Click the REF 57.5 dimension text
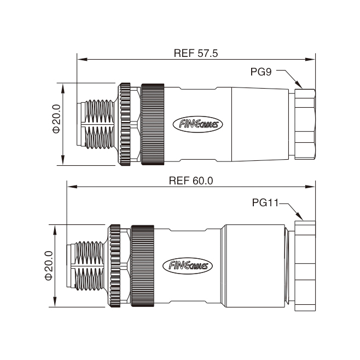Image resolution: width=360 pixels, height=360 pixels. tap(196, 53)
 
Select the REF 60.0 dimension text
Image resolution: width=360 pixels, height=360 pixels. tap(191, 181)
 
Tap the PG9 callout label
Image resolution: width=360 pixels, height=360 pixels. tap(261, 72)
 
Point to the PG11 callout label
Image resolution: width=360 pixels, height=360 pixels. tap(265, 202)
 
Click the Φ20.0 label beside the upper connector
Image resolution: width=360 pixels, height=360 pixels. tap(56, 119)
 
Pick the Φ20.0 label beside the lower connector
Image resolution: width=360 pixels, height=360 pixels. tap(49, 266)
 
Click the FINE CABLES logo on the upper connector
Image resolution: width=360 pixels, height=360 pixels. tap(198, 124)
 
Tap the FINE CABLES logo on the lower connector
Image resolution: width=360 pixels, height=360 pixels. tap(188, 266)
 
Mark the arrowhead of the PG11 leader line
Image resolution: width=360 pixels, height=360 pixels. tap(300, 216)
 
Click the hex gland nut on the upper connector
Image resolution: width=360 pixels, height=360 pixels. tap(305, 124)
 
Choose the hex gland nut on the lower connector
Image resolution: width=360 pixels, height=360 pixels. tap(305, 266)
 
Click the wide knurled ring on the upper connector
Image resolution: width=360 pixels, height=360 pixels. tap(153, 124)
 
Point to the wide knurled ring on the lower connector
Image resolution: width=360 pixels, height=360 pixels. tap(143, 266)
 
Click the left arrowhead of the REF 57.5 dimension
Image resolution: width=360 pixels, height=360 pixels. tap(82, 60)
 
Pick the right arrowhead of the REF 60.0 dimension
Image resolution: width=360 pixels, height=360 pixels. tap(310, 187)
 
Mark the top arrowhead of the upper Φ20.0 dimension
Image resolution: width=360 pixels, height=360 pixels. tap(63, 88)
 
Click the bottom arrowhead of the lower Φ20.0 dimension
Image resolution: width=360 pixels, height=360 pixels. tap(55, 302)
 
